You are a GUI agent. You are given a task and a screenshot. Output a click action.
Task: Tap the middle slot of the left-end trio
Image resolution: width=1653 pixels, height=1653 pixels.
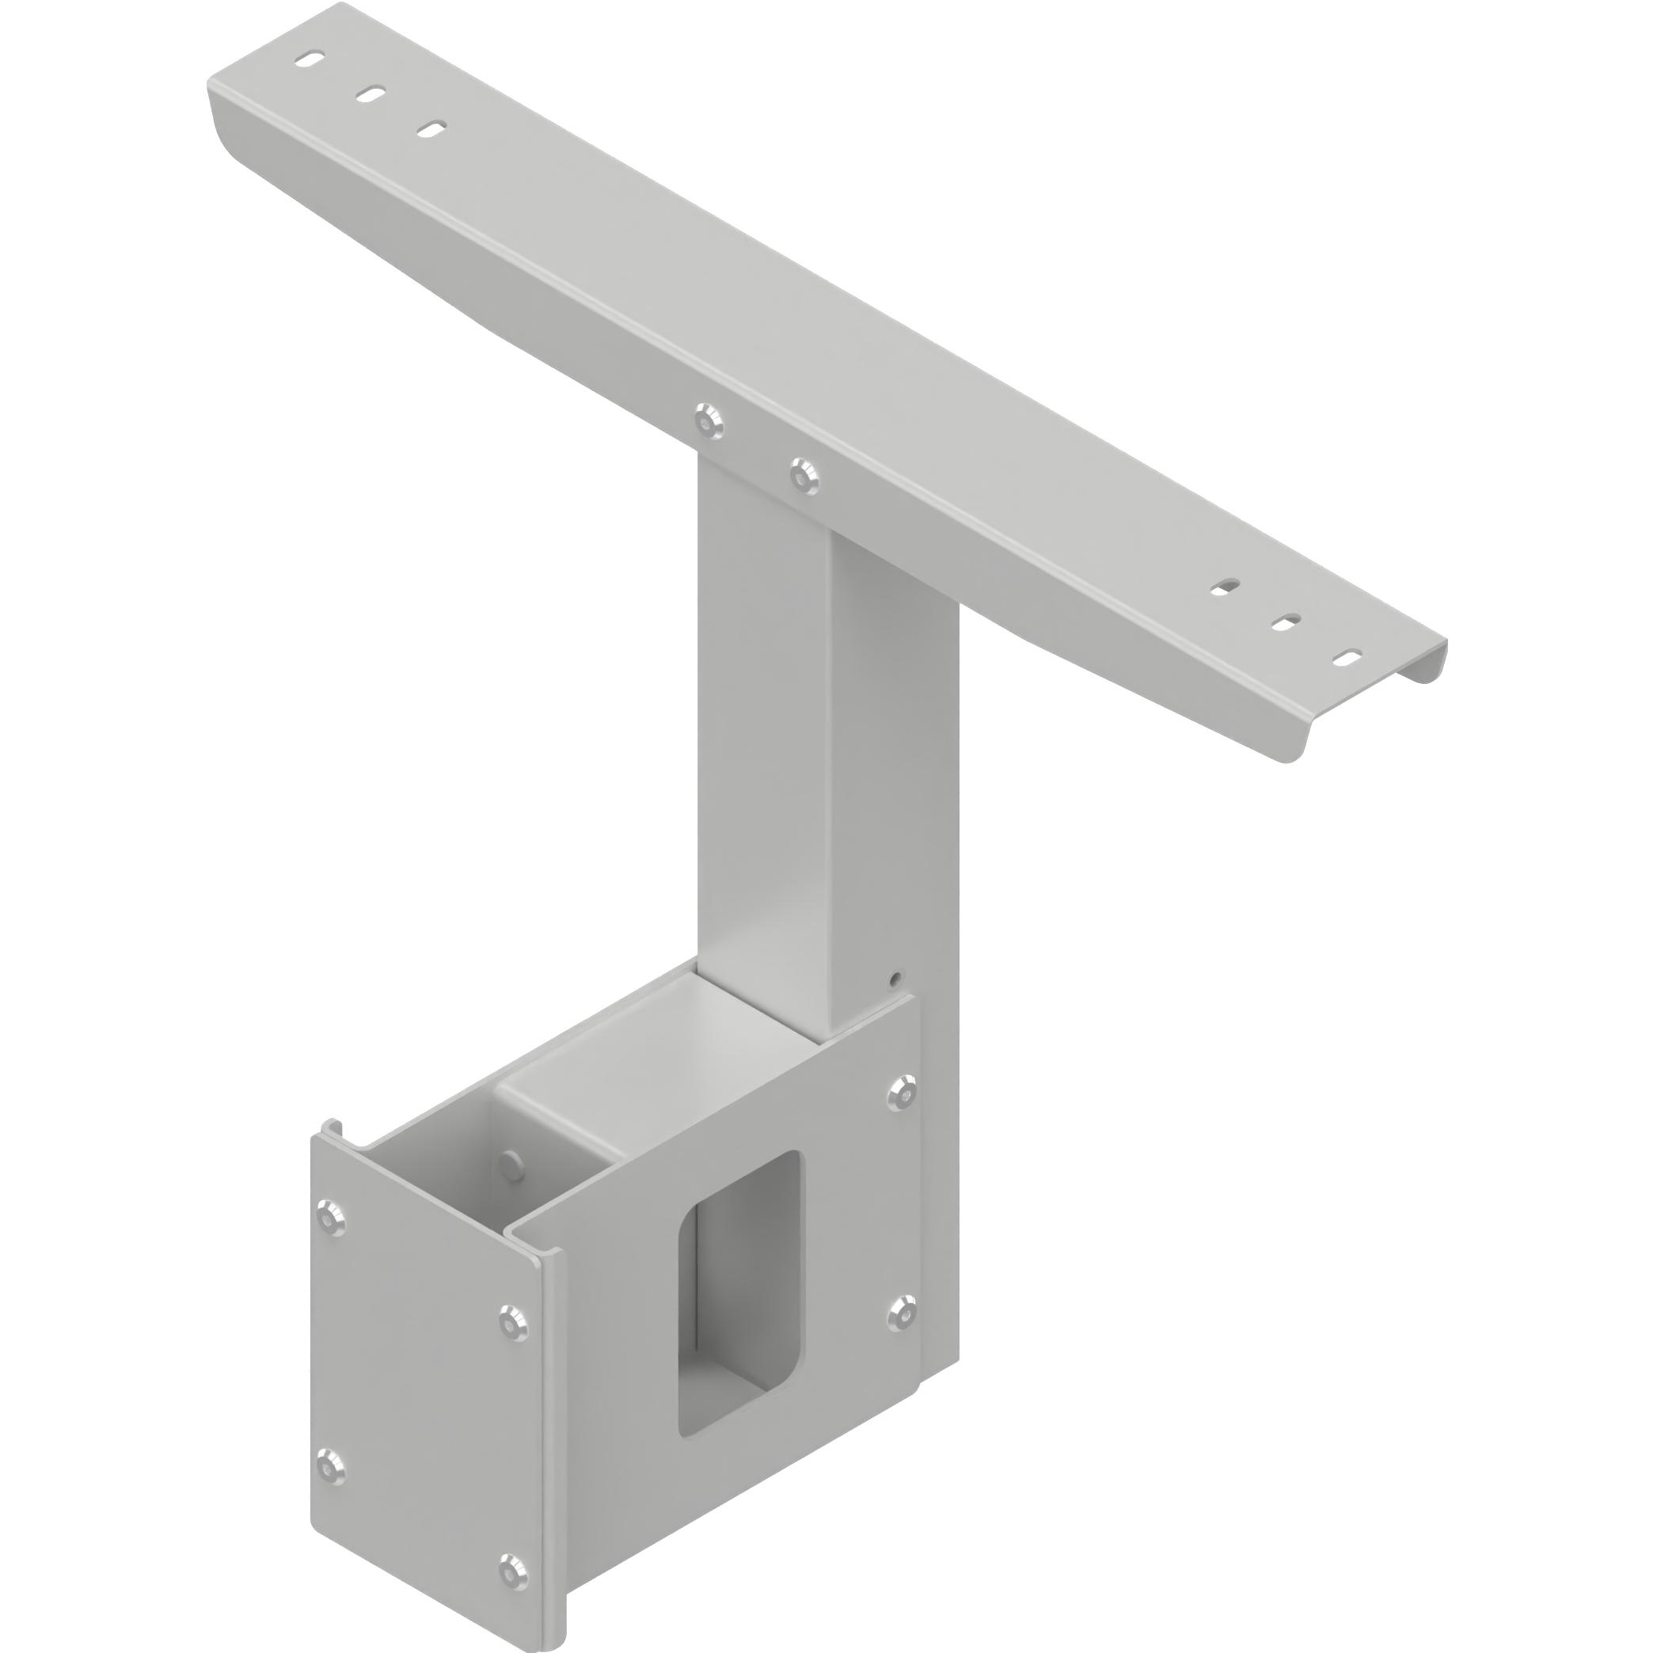coord(371,94)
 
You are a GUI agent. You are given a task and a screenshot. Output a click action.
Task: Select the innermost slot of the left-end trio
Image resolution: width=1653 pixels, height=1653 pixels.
coord(431,129)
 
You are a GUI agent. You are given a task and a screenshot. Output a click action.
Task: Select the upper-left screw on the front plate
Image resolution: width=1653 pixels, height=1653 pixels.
coord(330,1214)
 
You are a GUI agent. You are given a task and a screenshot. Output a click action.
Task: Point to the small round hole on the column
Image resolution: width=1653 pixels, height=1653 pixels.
coord(895,977)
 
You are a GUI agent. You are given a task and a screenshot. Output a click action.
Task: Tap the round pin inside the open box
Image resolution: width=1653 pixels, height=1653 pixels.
coord(511,1165)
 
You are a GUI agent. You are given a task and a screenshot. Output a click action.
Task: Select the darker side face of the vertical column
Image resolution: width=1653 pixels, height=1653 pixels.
coord(894,770)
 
